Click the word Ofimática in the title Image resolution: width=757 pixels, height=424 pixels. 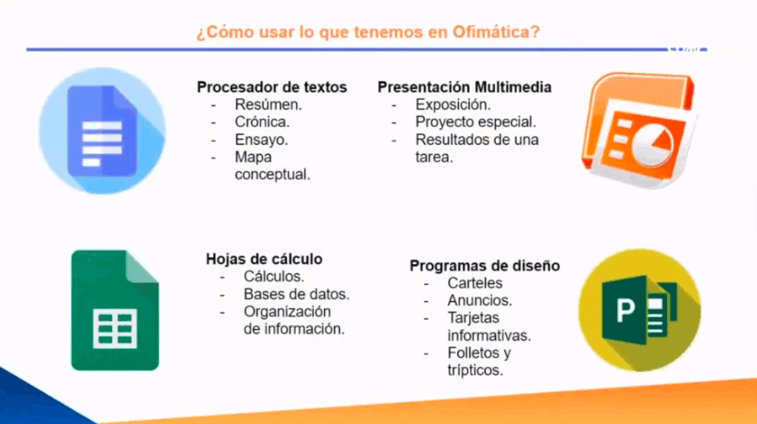[x=495, y=31]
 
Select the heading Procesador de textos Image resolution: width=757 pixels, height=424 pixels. [x=272, y=88]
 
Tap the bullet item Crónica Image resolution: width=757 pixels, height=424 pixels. [x=262, y=122]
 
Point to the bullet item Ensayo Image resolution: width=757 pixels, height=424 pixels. [x=262, y=140]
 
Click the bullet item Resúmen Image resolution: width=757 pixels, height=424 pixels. [x=268, y=104]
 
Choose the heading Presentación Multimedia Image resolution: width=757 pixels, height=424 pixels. [x=465, y=88]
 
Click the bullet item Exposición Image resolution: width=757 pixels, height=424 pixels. [x=453, y=104]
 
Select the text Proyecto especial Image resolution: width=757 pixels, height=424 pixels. [x=475, y=122]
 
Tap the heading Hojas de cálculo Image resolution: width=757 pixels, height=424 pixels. [x=264, y=259]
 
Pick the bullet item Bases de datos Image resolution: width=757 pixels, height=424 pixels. [x=296, y=294]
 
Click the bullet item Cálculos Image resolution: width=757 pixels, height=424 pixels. [x=274, y=277]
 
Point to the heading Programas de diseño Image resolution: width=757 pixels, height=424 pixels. [x=485, y=266]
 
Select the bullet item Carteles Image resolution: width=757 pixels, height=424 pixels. [x=475, y=283]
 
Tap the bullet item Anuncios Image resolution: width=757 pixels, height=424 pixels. [x=480, y=300]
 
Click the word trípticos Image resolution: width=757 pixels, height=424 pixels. [x=475, y=370]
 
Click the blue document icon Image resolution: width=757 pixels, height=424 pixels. [x=102, y=131]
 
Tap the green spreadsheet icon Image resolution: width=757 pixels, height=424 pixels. [x=115, y=310]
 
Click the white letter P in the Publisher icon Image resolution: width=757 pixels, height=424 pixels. [x=625, y=310]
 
